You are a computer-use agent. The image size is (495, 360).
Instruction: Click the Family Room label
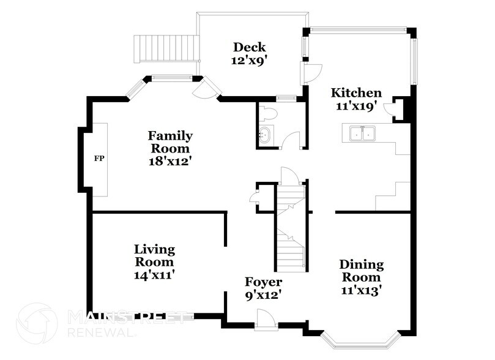coord(170,142)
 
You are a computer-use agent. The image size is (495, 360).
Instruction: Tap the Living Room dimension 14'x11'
coord(155,276)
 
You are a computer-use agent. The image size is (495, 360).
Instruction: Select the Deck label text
coord(249,47)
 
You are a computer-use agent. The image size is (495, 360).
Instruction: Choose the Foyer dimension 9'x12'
coord(263,295)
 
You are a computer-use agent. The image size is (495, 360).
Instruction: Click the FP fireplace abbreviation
coord(99,159)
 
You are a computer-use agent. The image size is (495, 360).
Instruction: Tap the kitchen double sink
coord(362,133)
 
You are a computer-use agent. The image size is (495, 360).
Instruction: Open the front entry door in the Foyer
coord(265,319)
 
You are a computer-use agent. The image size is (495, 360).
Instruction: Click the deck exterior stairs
coord(167,48)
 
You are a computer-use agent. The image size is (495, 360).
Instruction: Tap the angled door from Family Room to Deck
coord(205,90)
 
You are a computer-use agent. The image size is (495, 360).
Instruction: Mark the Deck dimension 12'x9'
coord(249,61)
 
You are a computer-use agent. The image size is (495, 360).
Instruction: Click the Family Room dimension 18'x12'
coord(170,162)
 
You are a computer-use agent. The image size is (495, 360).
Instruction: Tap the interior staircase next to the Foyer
coord(290,229)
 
